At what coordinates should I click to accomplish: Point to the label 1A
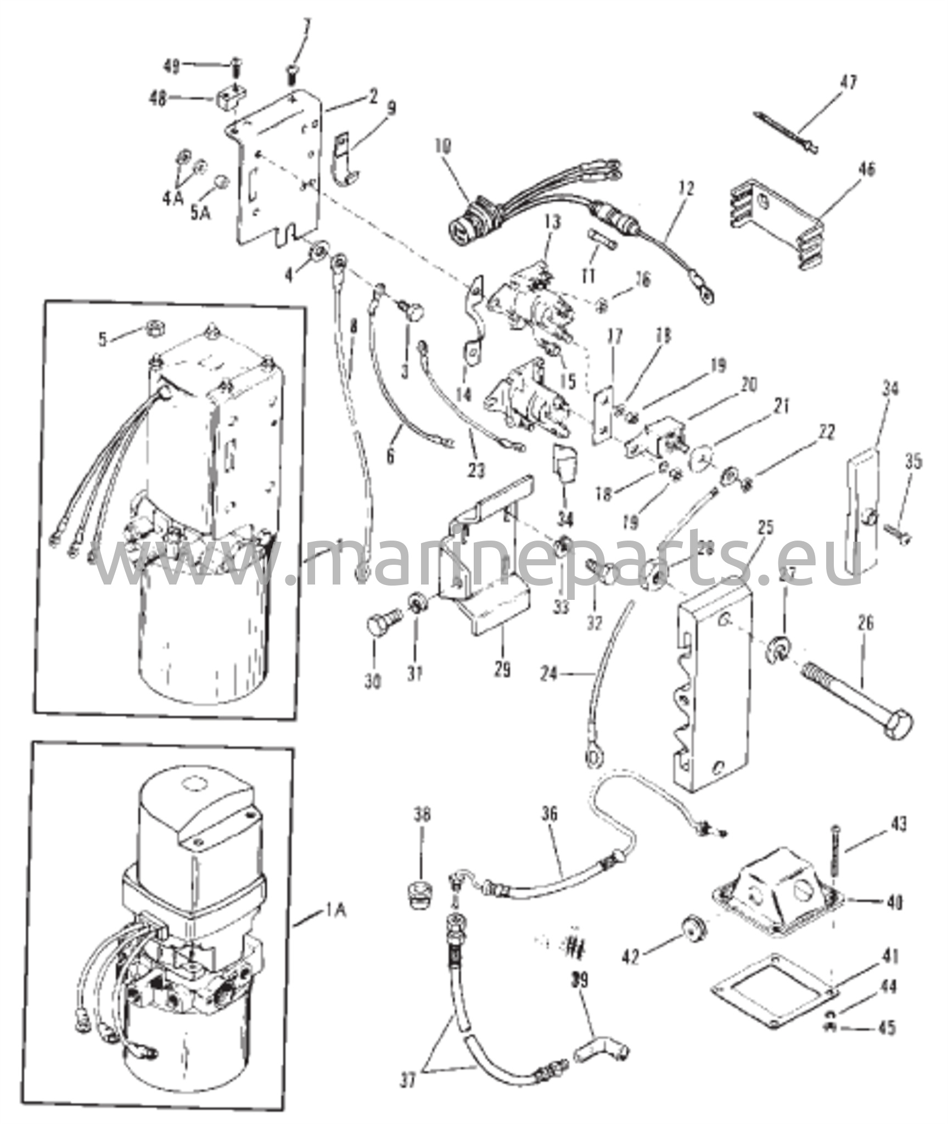pos(333,912)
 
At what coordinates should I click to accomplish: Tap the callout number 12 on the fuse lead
pos(686,189)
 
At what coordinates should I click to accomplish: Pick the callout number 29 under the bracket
pos(502,670)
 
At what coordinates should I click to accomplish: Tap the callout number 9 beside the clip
pos(390,109)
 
